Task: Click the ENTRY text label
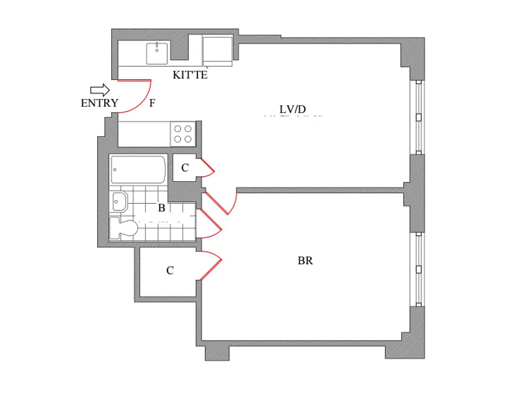click(x=99, y=103)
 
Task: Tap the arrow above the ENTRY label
click(x=99, y=90)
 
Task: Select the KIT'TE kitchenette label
click(x=190, y=75)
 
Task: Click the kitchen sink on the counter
click(x=157, y=53)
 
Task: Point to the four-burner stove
click(x=183, y=133)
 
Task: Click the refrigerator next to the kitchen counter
click(x=217, y=50)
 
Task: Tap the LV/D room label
click(x=293, y=109)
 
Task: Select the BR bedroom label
click(x=305, y=260)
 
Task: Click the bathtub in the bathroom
click(x=139, y=169)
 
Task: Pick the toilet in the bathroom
click(x=124, y=228)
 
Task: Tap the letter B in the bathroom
click(x=161, y=208)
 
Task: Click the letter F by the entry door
click(x=152, y=103)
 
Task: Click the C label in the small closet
click(x=185, y=168)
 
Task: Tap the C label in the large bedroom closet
click(x=170, y=271)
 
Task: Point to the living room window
click(x=419, y=117)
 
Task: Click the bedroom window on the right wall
click(x=419, y=269)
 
